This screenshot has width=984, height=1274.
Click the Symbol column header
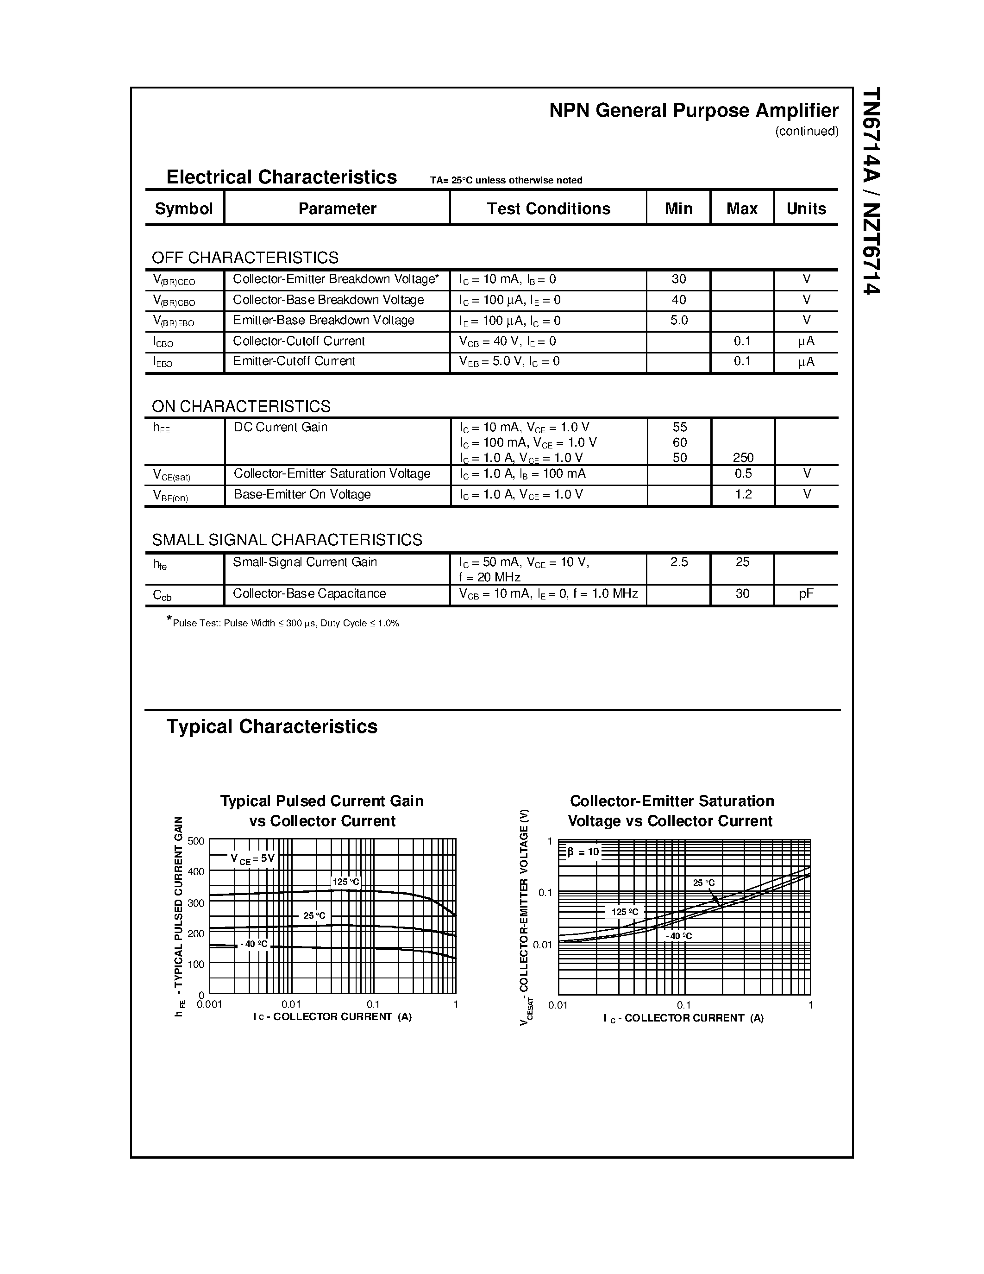coord(184,209)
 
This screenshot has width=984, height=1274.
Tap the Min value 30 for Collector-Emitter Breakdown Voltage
coord(678,279)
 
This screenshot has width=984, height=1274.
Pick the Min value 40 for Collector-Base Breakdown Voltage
coord(678,300)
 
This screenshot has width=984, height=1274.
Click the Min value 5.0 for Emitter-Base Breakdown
coord(678,320)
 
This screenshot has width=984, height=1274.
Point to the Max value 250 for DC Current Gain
coord(743,458)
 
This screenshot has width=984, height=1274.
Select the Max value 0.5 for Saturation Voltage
coord(743,473)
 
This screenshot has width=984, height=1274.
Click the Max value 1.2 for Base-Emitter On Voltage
coord(743,495)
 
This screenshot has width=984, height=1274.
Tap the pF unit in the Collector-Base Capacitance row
coord(806,594)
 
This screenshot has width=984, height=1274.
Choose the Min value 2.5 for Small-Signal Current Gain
coord(678,562)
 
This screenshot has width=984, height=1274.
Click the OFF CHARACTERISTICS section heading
coord(245,258)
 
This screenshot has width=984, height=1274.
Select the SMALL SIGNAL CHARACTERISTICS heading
coord(287,540)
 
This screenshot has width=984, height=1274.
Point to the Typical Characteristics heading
coord(272,727)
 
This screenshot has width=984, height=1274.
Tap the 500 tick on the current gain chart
coord(196,841)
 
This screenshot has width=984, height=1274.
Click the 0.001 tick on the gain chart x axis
coord(209,1004)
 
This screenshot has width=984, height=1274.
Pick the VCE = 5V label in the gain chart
coord(252,858)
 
